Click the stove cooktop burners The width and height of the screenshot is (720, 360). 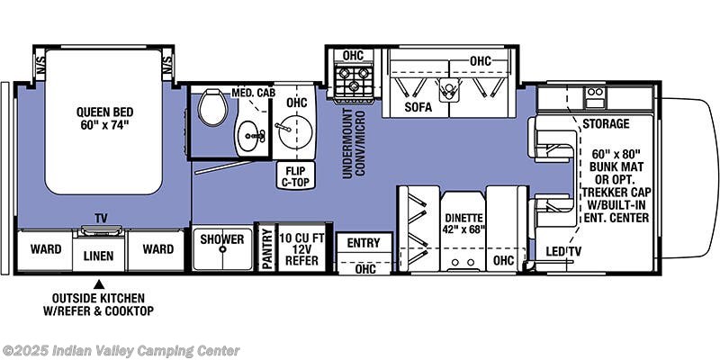(352, 81)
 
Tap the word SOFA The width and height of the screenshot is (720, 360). (418, 107)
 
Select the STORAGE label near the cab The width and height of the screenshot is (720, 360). (605, 123)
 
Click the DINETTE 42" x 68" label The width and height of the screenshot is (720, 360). (463, 222)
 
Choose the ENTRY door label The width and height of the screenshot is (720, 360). (364, 243)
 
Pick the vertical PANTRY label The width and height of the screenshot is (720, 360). (266, 247)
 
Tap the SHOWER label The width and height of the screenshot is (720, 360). (221, 239)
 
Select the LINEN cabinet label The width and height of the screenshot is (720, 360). (99, 256)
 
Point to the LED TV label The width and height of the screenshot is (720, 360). (568, 251)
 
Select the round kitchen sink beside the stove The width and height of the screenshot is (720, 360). (292, 136)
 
